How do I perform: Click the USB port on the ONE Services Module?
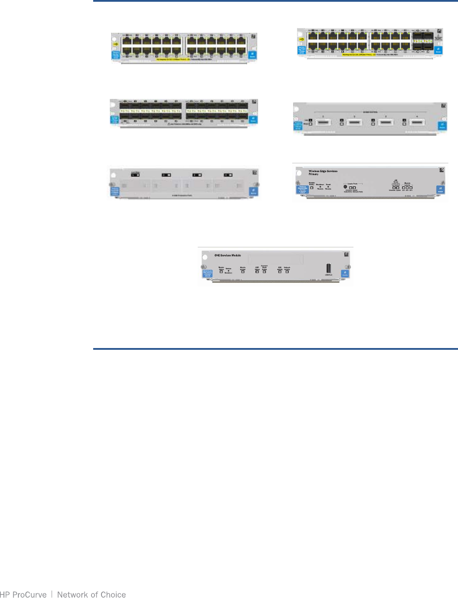pyautogui.click(x=329, y=268)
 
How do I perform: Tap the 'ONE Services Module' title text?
pyautogui.click(x=227, y=255)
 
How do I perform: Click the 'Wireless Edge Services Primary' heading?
pyautogui.click(x=323, y=172)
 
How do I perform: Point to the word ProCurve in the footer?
pyautogui.click(x=29, y=594)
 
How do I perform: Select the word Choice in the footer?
pyautogui.click(x=113, y=594)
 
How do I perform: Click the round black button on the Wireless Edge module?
pyautogui.click(x=345, y=187)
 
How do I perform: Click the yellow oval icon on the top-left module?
pyautogui.click(x=115, y=44)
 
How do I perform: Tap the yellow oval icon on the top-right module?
pyautogui.click(x=301, y=39)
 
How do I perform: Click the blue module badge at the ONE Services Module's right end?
pyautogui.click(x=345, y=273)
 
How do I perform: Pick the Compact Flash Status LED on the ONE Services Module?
pyautogui.click(x=264, y=271)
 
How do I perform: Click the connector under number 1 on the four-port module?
pyautogui.click(x=323, y=123)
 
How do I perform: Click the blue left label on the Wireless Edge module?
pyautogui.click(x=302, y=190)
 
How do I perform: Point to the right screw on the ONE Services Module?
pyautogui.click(x=347, y=267)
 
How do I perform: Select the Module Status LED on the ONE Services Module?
pyautogui.click(x=221, y=271)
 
